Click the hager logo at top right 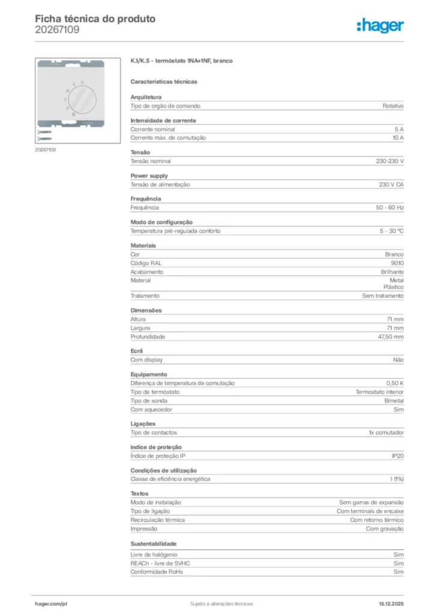pos(380,25)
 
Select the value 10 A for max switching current pos(397,138)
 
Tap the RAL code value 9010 pos(397,263)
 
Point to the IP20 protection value pos(397,456)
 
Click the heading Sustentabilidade pos(154,544)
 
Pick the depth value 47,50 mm pos(391,337)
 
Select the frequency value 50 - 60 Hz pos(390,208)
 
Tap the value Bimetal pos(394,401)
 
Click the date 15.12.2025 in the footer pos(391,603)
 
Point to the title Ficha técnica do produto pos(95,19)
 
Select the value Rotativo pos(393,106)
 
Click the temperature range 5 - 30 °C pos(391,231)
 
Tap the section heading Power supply pos(150,176)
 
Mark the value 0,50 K pos(395,383)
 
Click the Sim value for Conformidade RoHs pos(398,572)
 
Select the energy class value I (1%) pos(397,479)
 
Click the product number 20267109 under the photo pos(46,150)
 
